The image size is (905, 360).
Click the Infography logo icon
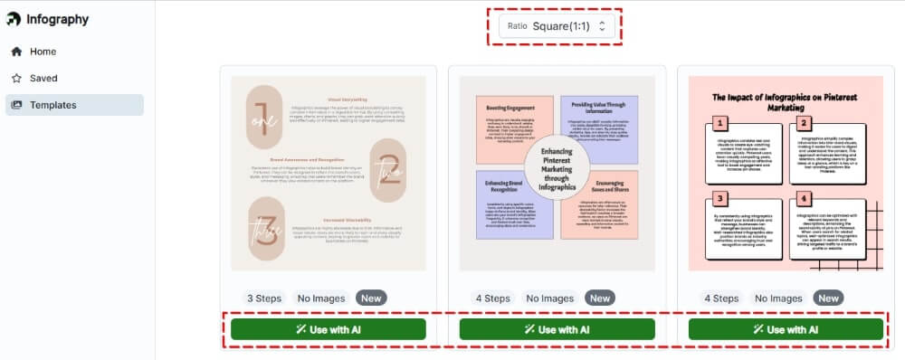[x=14, y=19]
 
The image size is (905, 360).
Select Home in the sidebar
[x=43, y=52]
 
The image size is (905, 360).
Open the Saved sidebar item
[x=43, y=78]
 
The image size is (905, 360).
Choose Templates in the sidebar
[x=52, y=105]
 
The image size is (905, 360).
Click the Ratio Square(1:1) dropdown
[x=557, y=26]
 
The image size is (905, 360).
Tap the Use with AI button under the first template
[x=328, y=329]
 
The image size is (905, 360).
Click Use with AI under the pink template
[x=786, y=329]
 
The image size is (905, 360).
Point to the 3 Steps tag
[x=263, y=298]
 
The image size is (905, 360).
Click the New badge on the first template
[x=370, y=298]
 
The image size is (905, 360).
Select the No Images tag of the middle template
[x=549, y=298]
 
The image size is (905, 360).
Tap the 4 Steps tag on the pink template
[x=721, y=298]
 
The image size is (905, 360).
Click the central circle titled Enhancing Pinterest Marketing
[x=557, y=169]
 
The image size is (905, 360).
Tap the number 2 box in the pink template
[x=802, y=124]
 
